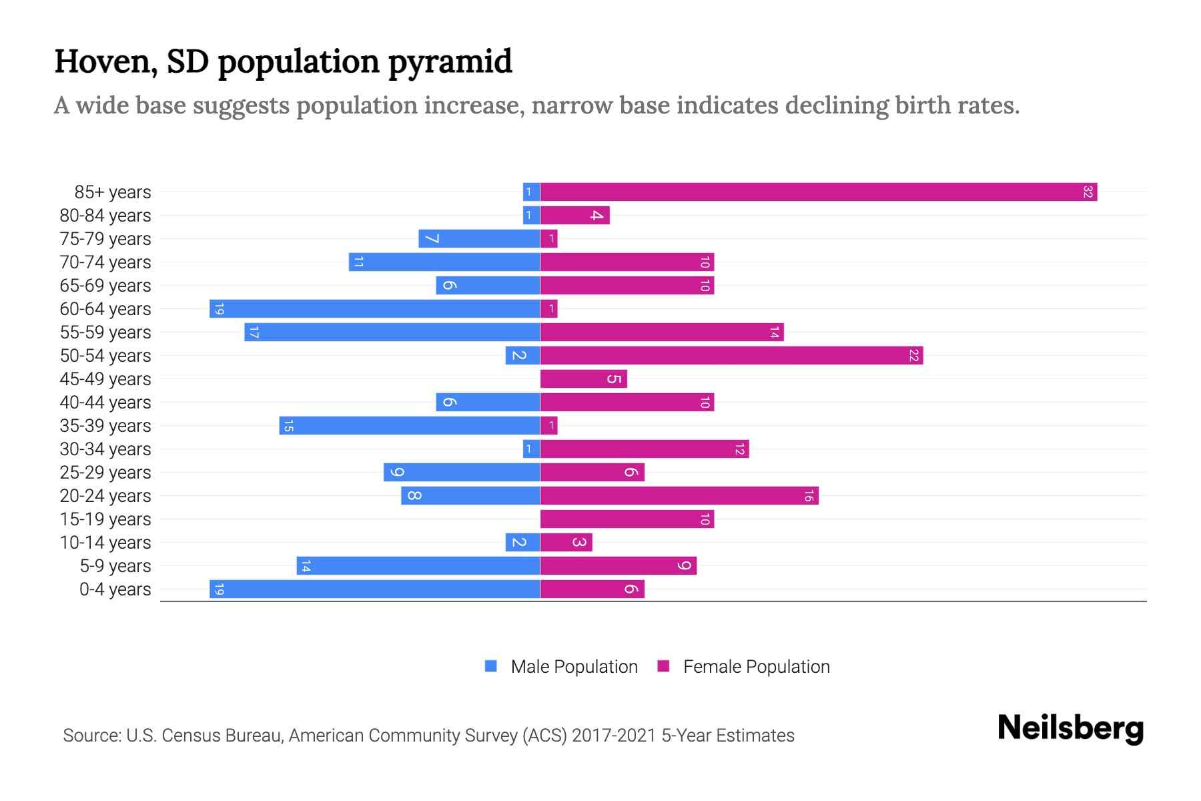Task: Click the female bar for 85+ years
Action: click(818, 192)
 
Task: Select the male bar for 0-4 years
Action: click(374, 589)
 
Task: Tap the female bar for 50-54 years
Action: click(731, 356)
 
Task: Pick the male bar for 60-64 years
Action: click(374, 309)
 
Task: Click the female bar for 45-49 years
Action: click(583, 379)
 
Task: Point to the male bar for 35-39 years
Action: click(409, 426)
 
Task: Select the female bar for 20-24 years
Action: click(679, 496)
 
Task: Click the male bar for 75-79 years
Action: click(479, 239)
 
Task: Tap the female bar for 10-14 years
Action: click(566, 543)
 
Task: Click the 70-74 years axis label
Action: click(105, 262)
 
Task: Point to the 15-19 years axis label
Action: click(105, 519)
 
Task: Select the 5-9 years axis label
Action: click(115, 566)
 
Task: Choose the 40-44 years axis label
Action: click(105, 403)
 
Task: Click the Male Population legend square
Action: click(491, 666)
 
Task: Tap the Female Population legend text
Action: click(756, 667)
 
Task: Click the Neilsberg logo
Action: click(1070, 728)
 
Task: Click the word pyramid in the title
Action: click(450, 61)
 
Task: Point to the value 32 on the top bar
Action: click(1088, 192)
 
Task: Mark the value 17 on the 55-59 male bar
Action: click(254, 332)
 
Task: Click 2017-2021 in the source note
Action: click(614, 736)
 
